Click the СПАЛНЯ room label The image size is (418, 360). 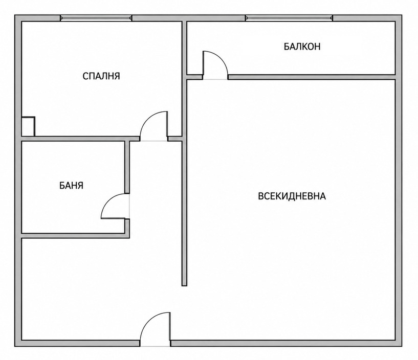[x=101, y=76]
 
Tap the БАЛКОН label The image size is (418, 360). [x=302, y=47]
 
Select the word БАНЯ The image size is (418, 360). [x=71, y=186]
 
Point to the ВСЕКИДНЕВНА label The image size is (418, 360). [x=292, y=196]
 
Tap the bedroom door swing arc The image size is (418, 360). [x=147, y=119]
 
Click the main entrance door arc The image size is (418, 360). [x=147, y=320]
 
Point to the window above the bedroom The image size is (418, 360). [x=96, y=18]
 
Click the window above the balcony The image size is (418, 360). [x=289, y=18]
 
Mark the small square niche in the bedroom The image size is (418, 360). [x=28, y=126]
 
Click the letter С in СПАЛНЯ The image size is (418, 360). [x=85, y=76]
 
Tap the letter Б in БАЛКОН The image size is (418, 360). [x=287, y=47]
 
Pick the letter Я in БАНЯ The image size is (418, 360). [x=80, y=186]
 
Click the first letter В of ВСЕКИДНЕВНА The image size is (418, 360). [x=261, y=196]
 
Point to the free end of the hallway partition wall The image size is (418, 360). [x=184, y=286]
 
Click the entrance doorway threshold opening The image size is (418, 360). [x=155, y=343]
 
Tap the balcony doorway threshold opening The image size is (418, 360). [x=215, y=77]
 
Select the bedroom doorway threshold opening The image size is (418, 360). [x=154, y=139]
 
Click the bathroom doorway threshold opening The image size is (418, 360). [x=127, y=206]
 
